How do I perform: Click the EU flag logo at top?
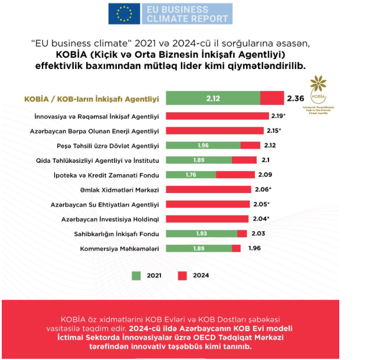coord(124,14)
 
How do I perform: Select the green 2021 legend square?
coord(137,275)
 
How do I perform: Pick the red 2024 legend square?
coord(183,275)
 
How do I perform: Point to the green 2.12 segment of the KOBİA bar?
coord(213,98)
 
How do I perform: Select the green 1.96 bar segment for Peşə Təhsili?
coord(203,145)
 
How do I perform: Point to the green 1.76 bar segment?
coord(191,175)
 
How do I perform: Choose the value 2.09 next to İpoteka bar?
coord(264,175)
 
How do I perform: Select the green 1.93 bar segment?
coord(201,234)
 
